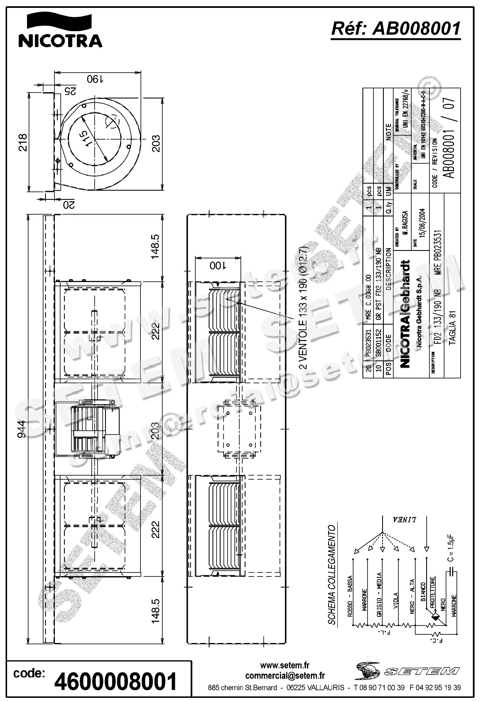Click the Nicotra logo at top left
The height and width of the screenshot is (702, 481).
[x=60, y=30]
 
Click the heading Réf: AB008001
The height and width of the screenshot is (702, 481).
[x=396, y=28]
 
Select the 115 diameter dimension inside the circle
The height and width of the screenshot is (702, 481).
[x=85, y=138]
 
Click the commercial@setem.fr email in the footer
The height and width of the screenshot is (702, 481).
[x=285, y=676]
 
